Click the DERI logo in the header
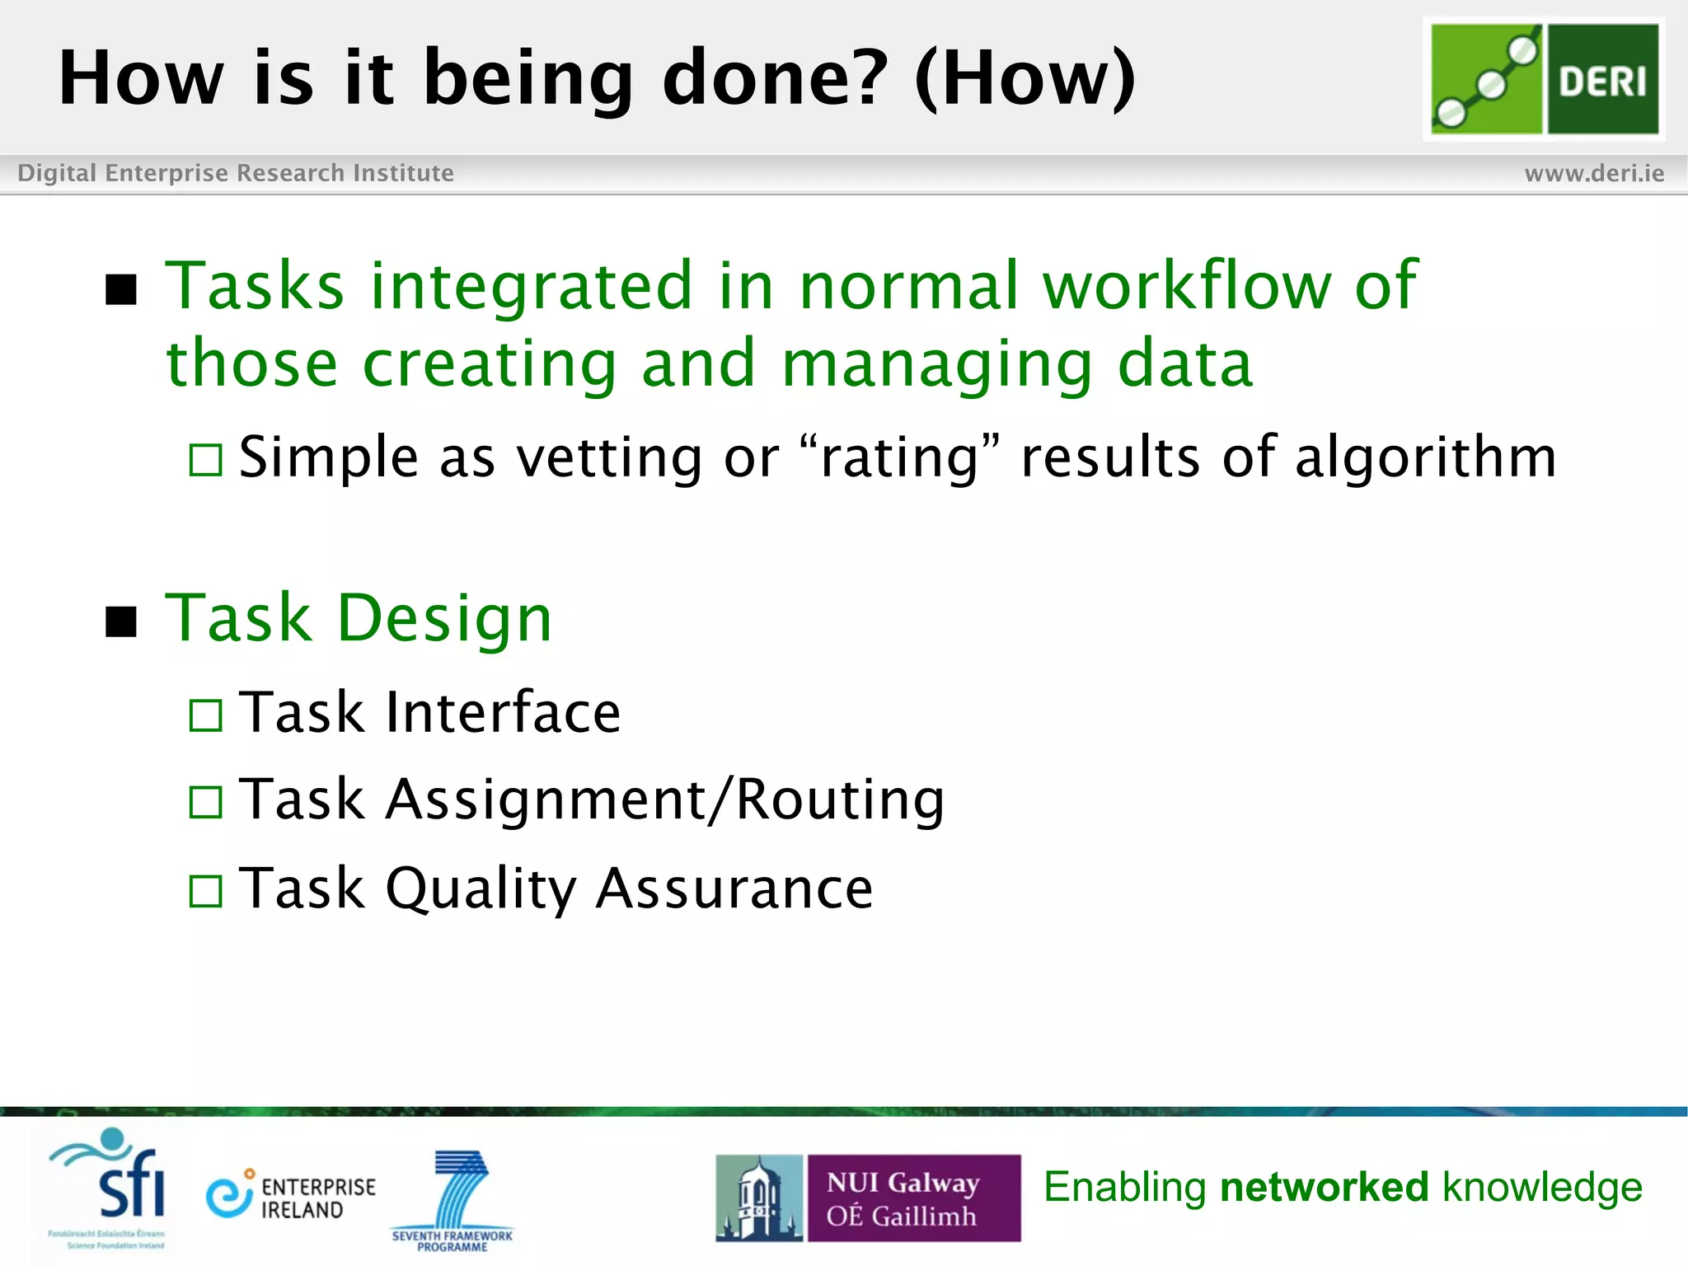(x=1544, y=78)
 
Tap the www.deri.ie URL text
(x=1594, y=173)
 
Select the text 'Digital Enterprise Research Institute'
(x=236, y=173)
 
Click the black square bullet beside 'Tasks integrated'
(x=121, y=289)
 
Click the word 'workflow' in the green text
(x=1187, y=285)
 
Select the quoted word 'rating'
(x=899, y=458)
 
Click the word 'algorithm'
(x=1426, y=457)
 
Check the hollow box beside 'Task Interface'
(x=205, y=715)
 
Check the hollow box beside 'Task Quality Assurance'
(x=205, y=891)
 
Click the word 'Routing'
(x=840, y=800)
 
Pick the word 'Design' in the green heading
(x=444, y=618)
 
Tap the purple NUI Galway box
(x=913, y=1198)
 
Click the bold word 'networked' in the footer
(x=1324, y=1187)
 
